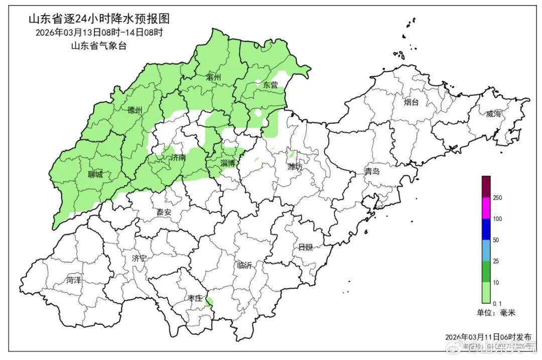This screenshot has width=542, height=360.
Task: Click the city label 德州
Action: click(134, 110)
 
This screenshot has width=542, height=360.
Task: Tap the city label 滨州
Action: click(214, 77)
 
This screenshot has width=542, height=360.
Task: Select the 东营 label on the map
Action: click(270, 85)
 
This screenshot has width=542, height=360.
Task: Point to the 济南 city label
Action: click(178, 158)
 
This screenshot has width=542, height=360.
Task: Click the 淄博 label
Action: click(228, 163)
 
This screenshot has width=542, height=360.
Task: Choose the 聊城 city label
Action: click(95, 175)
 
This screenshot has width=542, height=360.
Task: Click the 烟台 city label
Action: click(412, 102)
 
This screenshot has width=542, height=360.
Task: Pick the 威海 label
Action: click(493, 114)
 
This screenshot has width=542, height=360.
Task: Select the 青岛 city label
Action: click(372, 172)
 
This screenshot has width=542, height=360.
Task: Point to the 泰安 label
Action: click(164, 212)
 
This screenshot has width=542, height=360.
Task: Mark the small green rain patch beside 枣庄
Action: click(209, 301)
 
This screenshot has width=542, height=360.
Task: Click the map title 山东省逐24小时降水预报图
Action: click(99, 19)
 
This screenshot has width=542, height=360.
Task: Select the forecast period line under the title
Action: click(99, 33)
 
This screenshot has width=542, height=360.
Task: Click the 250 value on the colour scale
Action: click(497, 198)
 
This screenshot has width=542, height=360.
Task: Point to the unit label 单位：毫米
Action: click(496, 313)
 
